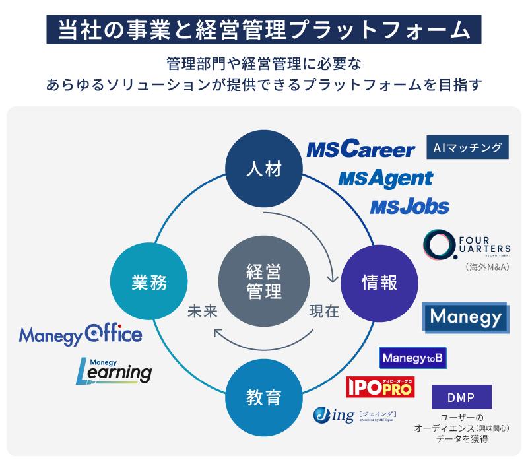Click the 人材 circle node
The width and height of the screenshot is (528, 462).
tap(264, 169)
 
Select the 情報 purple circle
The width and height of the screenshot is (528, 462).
tap(379, 282)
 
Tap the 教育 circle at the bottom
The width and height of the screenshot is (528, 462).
tap(264, 397)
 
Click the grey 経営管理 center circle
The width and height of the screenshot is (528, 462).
tap(264, 282)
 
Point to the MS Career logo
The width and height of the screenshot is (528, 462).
tap(360, 150)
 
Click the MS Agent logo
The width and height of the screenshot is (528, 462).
tap(385, 178)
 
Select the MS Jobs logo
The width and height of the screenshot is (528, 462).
tap(409, 207)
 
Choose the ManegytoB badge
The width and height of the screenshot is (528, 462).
tap(413, 358)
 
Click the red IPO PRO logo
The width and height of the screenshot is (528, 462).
tap(380, 387)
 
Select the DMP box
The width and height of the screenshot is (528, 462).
tap(462, 398)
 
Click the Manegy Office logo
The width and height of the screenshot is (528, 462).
tap(81, 335)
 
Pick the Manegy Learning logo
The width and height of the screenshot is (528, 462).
tap(114, 370)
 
